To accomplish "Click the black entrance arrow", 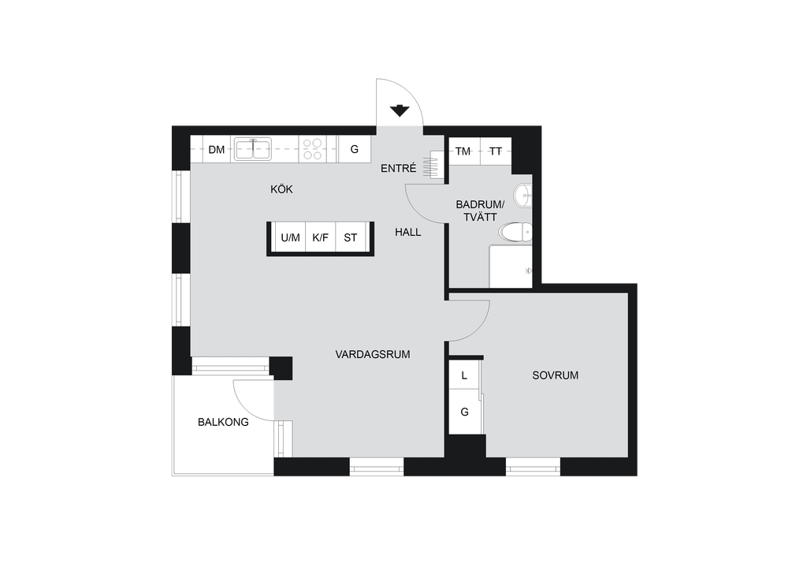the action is click(400, 110).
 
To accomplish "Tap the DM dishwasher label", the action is click(217, 150).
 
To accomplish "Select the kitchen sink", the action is click(253, 149).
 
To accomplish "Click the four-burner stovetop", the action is click(312, 149).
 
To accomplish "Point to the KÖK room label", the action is click(281, 189).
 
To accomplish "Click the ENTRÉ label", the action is click(398, 168).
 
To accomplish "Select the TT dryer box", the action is click(496, 151).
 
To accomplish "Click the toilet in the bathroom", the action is click(515, 232).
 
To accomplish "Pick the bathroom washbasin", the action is click(523, 195).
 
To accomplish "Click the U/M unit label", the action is click(290, 238).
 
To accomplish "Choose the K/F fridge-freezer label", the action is click(320, 238).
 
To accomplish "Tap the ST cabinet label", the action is click(351, 238).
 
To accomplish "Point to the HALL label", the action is click(408, 232).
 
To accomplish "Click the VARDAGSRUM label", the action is click(373, 354).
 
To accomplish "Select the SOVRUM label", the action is click(556, 375).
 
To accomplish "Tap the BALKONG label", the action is click(223, 422).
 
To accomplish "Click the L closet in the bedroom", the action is click(464, 375).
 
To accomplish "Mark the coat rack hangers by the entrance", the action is click(433, 165).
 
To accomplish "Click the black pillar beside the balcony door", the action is click(281, 368).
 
